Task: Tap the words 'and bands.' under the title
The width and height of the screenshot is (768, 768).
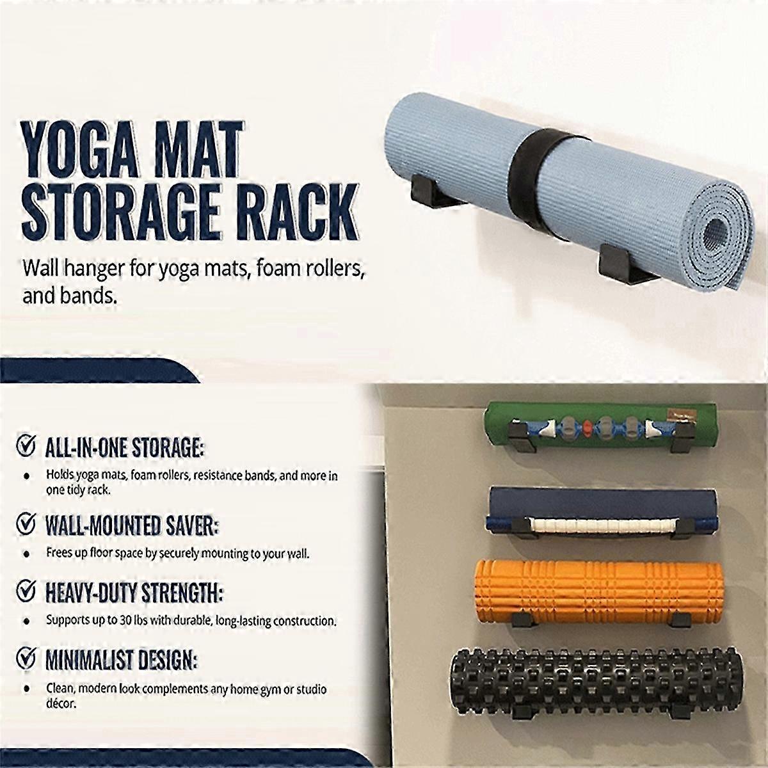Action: [70, 296]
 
